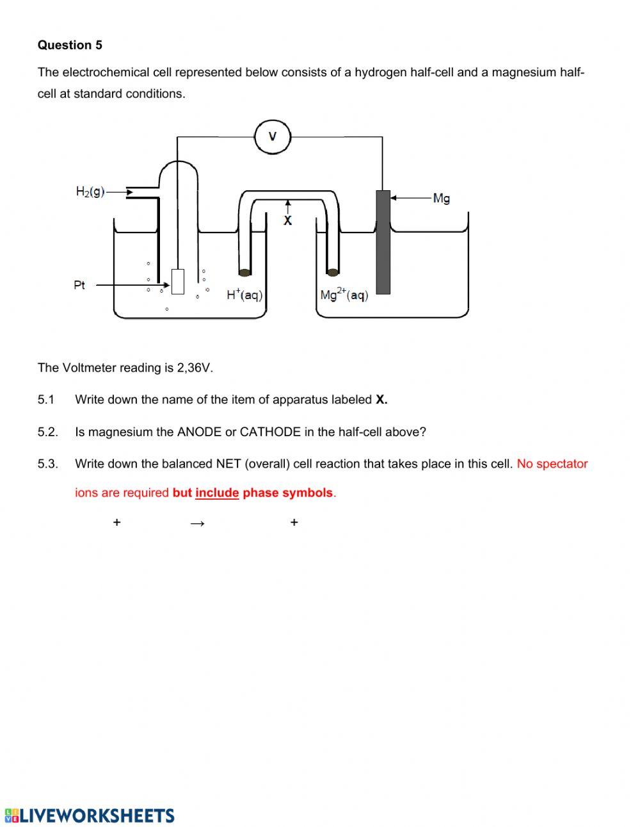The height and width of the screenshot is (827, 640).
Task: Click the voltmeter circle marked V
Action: coord(273,136)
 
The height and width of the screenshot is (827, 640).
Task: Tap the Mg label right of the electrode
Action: coord(441,199)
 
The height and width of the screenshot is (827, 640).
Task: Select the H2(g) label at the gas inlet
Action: coord(90,192)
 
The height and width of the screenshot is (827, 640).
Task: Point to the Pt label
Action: coord(79,285)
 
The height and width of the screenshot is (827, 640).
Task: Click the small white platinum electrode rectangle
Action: coord(178,281)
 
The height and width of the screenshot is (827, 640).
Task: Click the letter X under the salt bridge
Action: coord(287,220)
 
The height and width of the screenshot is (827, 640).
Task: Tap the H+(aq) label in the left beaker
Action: coord(244,295)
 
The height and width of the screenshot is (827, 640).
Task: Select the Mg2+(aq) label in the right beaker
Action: coord(344,295)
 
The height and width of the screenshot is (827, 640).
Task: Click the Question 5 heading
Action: coord(70,45)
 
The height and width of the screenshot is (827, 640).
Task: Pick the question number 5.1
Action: coord(46,400)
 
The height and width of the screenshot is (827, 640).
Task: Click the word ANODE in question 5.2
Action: coord(199,432)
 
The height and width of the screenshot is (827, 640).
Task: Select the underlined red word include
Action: coord(217,493)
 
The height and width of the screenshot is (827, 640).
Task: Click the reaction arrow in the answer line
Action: coord(197,523)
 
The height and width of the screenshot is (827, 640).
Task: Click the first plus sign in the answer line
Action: coord(116,523)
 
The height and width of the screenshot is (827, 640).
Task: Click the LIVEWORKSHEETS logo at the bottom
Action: coord(90,815)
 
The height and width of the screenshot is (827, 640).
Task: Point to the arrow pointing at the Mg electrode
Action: coord(410,198)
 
